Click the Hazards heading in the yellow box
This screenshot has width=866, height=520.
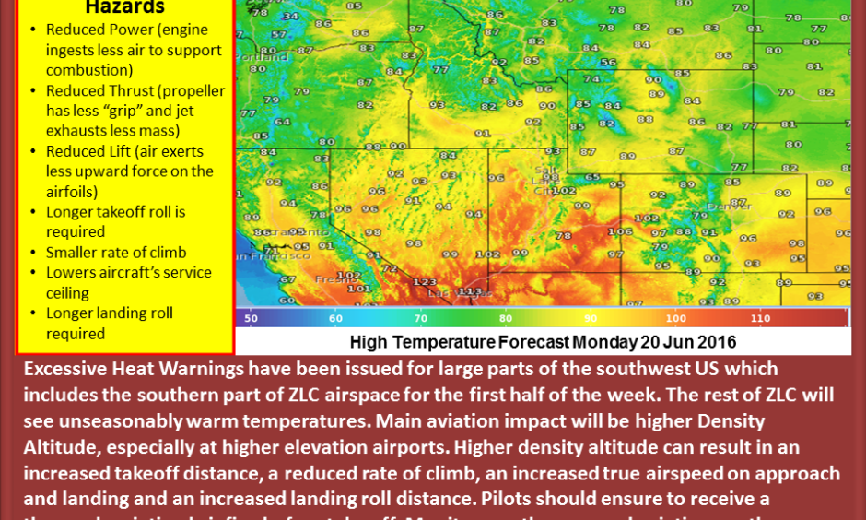(124, 8)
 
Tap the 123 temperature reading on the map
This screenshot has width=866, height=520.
(424, 281)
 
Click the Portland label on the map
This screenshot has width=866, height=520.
(262, 56)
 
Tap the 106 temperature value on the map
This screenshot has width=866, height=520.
(620, 231)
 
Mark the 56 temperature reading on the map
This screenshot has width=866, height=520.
(608, 63)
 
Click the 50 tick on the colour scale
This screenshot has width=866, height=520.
(251, 318)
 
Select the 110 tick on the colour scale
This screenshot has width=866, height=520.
(760, 318)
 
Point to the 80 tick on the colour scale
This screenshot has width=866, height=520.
(505, 318)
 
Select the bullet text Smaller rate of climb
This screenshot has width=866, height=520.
(116, 253)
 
